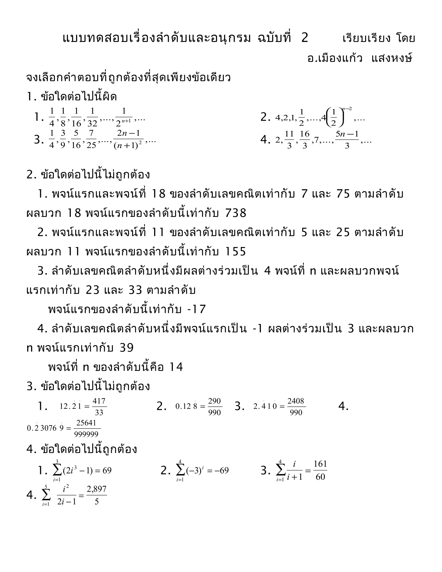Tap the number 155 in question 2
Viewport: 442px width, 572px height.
tap(235, 251)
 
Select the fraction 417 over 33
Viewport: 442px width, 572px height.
tap(99, 406)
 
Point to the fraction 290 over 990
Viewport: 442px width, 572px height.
tap(215, 406)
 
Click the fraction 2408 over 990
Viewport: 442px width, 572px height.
tap(296, 406)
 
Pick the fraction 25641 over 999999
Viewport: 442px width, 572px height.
tap(86, 428)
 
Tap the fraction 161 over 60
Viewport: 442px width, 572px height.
tap(320, 470)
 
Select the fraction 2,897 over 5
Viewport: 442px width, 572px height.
tap(97, 495)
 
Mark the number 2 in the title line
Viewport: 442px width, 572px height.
tap(305, 38)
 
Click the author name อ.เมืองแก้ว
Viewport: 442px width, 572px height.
tap(335, 58)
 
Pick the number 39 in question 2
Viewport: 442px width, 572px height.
tap(127, 348)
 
